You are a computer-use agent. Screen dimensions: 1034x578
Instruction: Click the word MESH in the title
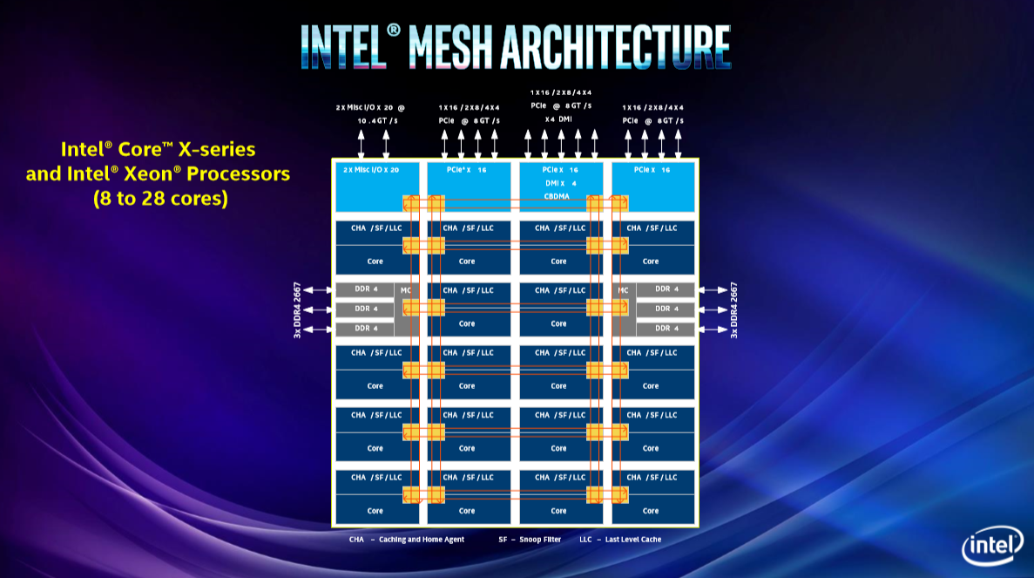(x=450, y=47)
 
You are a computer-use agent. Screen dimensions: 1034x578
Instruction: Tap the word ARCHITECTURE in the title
(x=616, y=47)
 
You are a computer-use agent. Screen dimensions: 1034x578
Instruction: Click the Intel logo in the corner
(x=992, y=545)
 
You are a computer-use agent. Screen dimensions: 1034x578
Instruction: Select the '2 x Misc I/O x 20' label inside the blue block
(x=371, y=170)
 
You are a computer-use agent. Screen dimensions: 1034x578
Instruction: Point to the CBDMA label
(x=557, y=197)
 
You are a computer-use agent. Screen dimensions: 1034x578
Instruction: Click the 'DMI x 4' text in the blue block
(x=560, y=183)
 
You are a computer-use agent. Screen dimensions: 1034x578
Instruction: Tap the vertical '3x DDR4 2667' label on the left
(x=297, y=310)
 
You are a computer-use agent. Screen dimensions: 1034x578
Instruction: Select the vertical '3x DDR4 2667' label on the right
(x=734, y=310)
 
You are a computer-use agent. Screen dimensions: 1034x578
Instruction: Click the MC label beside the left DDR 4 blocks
(x=406, y=290)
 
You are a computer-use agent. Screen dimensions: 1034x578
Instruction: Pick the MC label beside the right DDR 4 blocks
(x=623, y=290)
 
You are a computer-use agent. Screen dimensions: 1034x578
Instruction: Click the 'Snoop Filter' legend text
(x=540, y=540)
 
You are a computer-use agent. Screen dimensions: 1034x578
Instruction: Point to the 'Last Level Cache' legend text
(x=633, y=540)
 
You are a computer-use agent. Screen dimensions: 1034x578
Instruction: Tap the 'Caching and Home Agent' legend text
(x=422, y=540)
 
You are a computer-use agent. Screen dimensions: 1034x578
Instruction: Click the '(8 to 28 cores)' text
(x=160, y=199)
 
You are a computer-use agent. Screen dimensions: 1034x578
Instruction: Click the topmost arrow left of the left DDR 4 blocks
(x=317, y=289)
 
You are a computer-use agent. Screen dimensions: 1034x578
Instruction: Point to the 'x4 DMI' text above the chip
(x=558, y=119)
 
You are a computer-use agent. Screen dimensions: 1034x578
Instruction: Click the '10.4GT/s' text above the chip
(x=378, y=121)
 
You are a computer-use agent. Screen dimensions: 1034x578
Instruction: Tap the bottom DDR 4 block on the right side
(x=666, y=329)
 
